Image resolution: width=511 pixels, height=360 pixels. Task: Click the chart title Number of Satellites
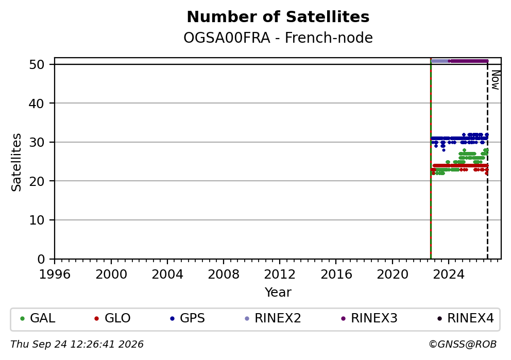tap(278, 17)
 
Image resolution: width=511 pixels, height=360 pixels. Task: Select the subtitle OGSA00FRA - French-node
tap(278, 38)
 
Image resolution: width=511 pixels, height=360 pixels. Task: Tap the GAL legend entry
tap(38, 318)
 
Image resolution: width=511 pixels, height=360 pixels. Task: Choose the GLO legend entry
tap(112, 318)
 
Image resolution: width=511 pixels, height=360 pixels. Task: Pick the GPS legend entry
tap(188, 318)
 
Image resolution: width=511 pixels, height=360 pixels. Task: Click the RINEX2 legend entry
tap(273, 318)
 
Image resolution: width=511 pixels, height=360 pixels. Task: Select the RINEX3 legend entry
tap(369, 318)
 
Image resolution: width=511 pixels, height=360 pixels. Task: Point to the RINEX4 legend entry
tap(465, 318)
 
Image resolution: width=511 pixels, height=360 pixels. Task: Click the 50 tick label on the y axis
tap(37, 64)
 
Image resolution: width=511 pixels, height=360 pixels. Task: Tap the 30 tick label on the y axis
tap(37, 142)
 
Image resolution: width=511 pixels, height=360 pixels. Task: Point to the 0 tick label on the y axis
tap(41, 260)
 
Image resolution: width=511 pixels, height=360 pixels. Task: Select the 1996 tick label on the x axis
tap(55, 275)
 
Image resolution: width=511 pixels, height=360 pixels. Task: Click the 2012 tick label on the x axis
tap(280, 275)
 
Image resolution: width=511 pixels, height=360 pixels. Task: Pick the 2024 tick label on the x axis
tap(449, 275)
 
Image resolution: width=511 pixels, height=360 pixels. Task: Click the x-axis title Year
tap(278, 292)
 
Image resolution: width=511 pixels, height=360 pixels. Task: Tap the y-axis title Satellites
tap(16, 162)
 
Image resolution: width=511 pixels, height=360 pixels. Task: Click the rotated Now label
tap(496, 80)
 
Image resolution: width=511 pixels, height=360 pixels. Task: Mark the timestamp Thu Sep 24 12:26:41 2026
tap(77, 345)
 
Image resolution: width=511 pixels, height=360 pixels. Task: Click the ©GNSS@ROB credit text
tap(463, 345)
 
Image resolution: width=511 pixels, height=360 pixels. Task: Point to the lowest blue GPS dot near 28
tap(443, 150)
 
